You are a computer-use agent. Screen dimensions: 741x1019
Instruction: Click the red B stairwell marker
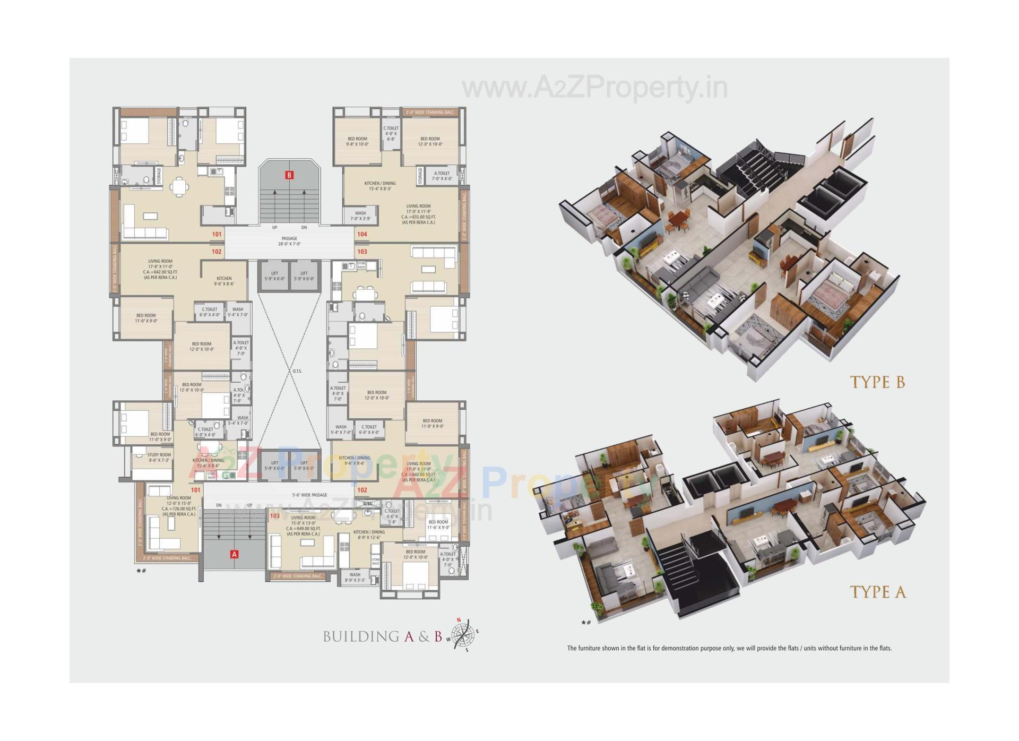[x=289, y=175]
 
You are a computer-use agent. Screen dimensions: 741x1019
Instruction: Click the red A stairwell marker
[x=234, y=554]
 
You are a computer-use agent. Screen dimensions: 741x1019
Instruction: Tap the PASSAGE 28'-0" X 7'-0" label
[x=289, y=241]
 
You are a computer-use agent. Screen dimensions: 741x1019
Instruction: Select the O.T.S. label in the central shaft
[x=297, y=371]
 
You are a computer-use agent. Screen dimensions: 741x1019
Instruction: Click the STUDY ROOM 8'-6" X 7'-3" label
[x=159, y=458]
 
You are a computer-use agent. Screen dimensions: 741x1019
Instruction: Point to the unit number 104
[x=362, y=234]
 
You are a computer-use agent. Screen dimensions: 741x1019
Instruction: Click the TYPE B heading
[x=877, y=382]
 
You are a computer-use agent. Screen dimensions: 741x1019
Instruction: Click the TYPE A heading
[x=878, y=592]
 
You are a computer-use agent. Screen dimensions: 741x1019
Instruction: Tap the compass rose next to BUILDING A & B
[x=463, y=634]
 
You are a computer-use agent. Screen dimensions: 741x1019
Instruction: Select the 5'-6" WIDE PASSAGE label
[x=309, y=495]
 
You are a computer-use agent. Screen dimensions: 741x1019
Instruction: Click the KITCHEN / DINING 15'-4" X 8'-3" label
[x=379, y=186]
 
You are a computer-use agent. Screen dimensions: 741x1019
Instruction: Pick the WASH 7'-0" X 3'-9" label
[x=360, y=216]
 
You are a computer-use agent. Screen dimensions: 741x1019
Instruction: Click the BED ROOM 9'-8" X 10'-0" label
[x=357, y=141]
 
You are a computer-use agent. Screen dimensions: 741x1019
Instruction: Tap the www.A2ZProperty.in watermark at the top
[x=594, y=88]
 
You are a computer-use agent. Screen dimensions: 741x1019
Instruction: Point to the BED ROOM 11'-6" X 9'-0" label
[x=438, y=524]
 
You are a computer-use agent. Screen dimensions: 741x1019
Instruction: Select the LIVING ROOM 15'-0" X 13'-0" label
[x=303, y=525]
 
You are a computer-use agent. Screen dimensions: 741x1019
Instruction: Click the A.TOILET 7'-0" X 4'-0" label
[x=442, y=176]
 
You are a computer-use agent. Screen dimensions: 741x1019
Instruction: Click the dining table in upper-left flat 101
[x=179, y=187]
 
